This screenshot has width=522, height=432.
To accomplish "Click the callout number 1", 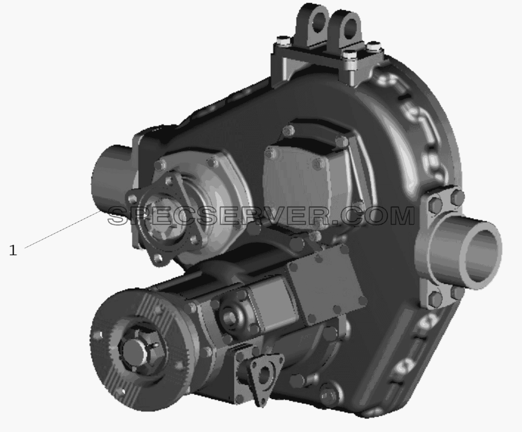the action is [13, 250].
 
